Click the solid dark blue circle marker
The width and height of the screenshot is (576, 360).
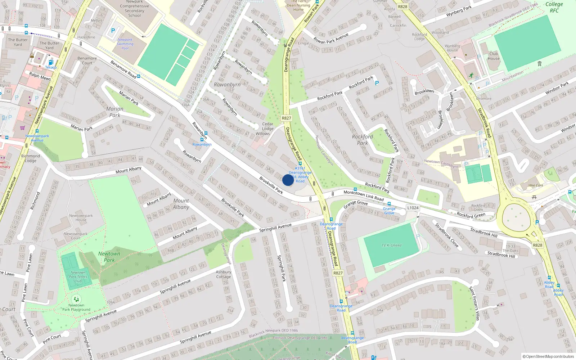pyautogui.click(x=288, y=180)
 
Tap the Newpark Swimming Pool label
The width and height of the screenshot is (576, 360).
pyautogui.click(x=125, y=44)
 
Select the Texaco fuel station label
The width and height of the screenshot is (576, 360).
pyautogui.click(x=51, y=67)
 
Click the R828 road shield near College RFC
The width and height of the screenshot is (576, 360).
pyautogui.click(x=402, y=6)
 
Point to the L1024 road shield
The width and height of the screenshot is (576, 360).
pyautogui.click(x=413, y=208)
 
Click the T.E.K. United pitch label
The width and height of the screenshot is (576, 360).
pyautogui.click(x=391, y=246)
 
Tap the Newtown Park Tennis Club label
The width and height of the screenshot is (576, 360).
pyautogui.click(x=78, y=276)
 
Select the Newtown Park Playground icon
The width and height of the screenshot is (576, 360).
pyautogui.click(x=76, y=299)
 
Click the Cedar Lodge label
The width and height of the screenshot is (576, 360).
pyautogui.click(x=267, y=126)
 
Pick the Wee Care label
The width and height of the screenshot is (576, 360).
pyautogui.click(x=536, y=185)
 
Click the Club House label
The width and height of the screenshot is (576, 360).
pyautogui.click(x=494, y=56)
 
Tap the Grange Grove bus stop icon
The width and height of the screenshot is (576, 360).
pyautogui.click(x=389, y=204)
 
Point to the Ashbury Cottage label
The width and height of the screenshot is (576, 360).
pyautogui.click(x=223, y=274)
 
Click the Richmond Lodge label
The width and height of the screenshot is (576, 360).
pyautogui.click(x=31, y=158)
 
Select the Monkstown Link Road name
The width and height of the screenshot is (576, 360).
pyautogui.click(x=364, y=195)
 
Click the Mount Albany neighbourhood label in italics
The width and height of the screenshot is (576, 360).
pyautogui.click(x=181, y=204)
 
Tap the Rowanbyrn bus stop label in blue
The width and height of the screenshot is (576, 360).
pyautogui.click(x=202, y=144)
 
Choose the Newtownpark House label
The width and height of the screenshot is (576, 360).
pyautogui.click(x=81, y=218)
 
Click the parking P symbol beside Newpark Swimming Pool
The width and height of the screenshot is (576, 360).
pyautogui.click(x=113, y=31)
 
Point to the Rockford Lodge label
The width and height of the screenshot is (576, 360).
pyautogui.click(x=419, y=37)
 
